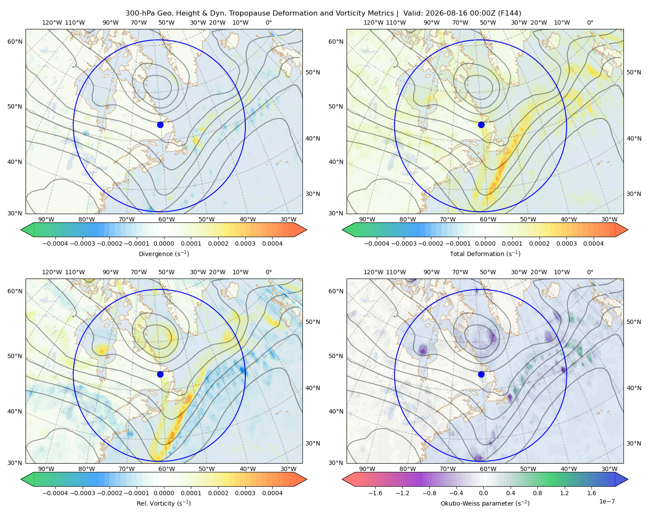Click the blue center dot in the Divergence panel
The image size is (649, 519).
pos(160,125)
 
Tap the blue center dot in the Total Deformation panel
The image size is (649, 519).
pos(481,125)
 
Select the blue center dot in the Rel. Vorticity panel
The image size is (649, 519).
pos(160,374)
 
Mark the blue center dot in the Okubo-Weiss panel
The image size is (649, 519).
pos(481,374)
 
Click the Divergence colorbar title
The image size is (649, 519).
pos(164,254)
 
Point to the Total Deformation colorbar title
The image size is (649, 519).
pos(485,254)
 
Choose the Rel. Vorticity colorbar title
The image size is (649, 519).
pos(164,503)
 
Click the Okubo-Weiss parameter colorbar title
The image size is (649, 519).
pos(485,503)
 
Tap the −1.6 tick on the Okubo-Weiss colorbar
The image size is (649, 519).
pos(375,493)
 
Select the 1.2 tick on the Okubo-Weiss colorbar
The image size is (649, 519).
pos(564,493)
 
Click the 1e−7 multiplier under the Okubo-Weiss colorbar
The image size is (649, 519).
pos(607,501)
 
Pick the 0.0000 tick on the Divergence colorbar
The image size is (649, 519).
pos(164,243)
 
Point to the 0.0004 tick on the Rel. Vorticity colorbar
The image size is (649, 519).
pos(272,493)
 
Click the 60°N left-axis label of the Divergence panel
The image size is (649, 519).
pos(15,42)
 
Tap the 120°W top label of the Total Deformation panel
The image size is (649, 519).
pos(373,22)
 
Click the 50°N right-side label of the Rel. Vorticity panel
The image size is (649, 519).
pos(313,322)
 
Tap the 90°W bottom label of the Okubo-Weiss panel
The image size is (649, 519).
pos(367,469)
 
